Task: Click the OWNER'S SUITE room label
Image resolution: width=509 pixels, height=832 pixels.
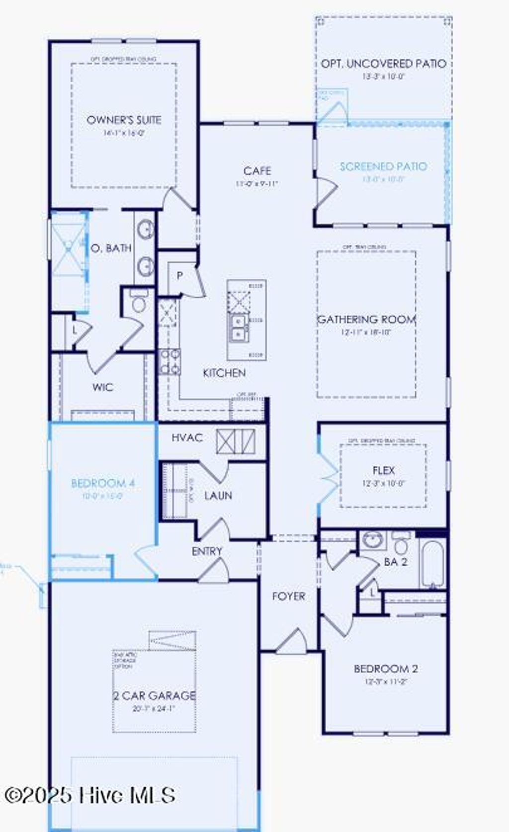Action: [124, 120]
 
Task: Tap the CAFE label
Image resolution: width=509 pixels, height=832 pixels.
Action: [257, 171]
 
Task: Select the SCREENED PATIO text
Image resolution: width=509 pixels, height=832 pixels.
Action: [383, 166]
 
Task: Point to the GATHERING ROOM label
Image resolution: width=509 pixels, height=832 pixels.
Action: [366, 319]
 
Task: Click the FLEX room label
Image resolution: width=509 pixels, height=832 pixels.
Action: [383, 470]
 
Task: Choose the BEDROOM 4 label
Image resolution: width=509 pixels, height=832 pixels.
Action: [103, 483]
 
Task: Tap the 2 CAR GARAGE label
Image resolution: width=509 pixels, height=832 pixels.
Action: [154, 695]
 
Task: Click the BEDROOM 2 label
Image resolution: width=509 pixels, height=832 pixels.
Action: [386, 668]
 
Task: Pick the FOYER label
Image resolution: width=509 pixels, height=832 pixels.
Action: [288, 596]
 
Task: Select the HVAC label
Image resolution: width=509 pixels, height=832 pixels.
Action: [187, 438]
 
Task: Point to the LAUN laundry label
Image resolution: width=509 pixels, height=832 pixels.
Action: [218, 496]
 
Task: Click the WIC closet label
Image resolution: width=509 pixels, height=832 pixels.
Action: [103, 387]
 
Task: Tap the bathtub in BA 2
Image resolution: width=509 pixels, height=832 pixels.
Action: [433, 564]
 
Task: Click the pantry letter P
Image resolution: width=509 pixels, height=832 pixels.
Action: [180, 275]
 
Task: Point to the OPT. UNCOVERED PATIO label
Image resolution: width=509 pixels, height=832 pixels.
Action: [383, 64]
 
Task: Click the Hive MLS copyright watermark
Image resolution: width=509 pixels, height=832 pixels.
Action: [89, 795]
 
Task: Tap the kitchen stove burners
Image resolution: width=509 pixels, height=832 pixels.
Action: [170, 361]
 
